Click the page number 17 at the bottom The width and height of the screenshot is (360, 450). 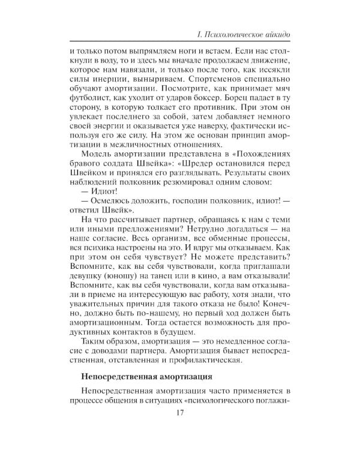[x=180, y=412]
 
